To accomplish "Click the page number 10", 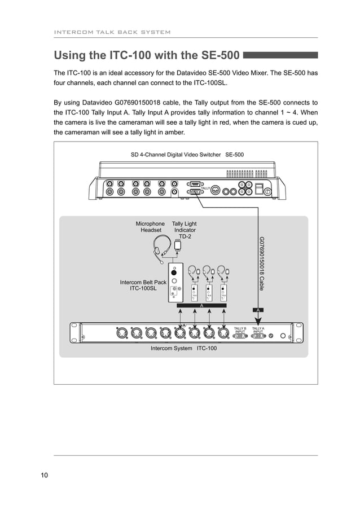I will tap(44, 475).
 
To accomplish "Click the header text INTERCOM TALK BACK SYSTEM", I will tap(112, 32).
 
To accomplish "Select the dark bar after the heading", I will tap(280, 55).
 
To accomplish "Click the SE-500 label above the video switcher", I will tap(234, 154).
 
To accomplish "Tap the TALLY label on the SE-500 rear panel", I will tap(205, 188).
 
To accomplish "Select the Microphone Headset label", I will tap(151, 227).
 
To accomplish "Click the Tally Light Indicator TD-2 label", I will tap(185, 230).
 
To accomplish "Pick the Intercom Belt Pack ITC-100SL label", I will tap(143, 285).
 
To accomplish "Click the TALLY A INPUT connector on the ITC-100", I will tap(258, 335).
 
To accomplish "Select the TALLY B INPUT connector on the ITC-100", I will tap(240, 335).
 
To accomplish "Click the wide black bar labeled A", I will tap(201, 305).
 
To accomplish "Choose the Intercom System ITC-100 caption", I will tap(183, 348).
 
